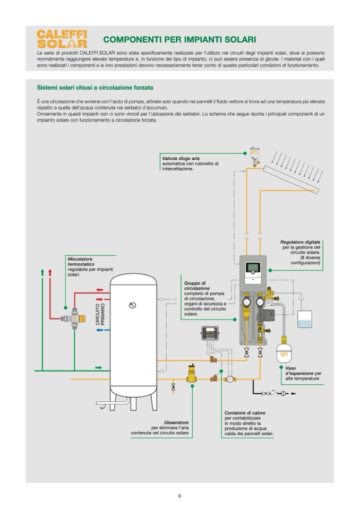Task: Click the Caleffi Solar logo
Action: (62, 39)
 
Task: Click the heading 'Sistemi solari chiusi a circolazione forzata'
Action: (96, 88)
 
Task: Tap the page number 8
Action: (179, 496)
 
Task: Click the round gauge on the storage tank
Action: (132, 305)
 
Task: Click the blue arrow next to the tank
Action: (100, 330)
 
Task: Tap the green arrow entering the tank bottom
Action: (98, 367)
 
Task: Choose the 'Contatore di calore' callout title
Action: (245, 412)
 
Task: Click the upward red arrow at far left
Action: (50, 273)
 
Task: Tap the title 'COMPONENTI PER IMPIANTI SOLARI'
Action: (179, 40)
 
